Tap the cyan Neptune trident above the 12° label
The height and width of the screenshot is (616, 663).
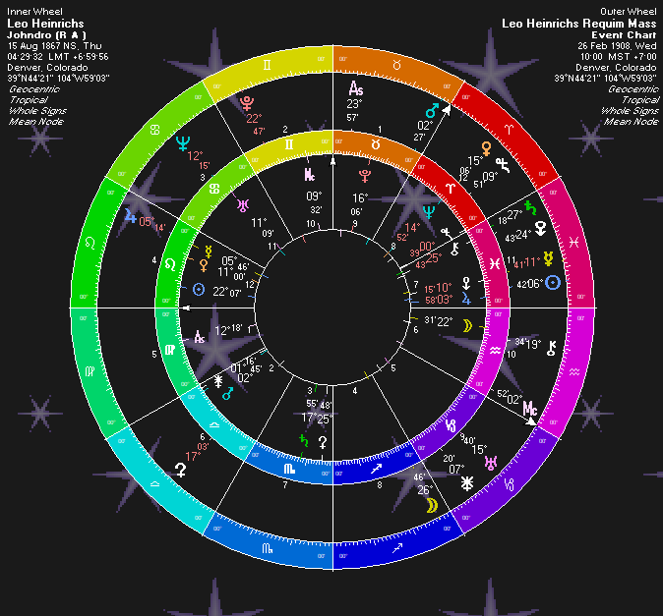(x=181, y=143)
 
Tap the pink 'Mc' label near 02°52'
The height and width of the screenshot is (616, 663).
(x=530, y=406)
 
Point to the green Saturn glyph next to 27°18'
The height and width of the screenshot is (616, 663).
(x=531, y=208)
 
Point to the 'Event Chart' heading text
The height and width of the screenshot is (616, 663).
(x=623, y=34)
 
